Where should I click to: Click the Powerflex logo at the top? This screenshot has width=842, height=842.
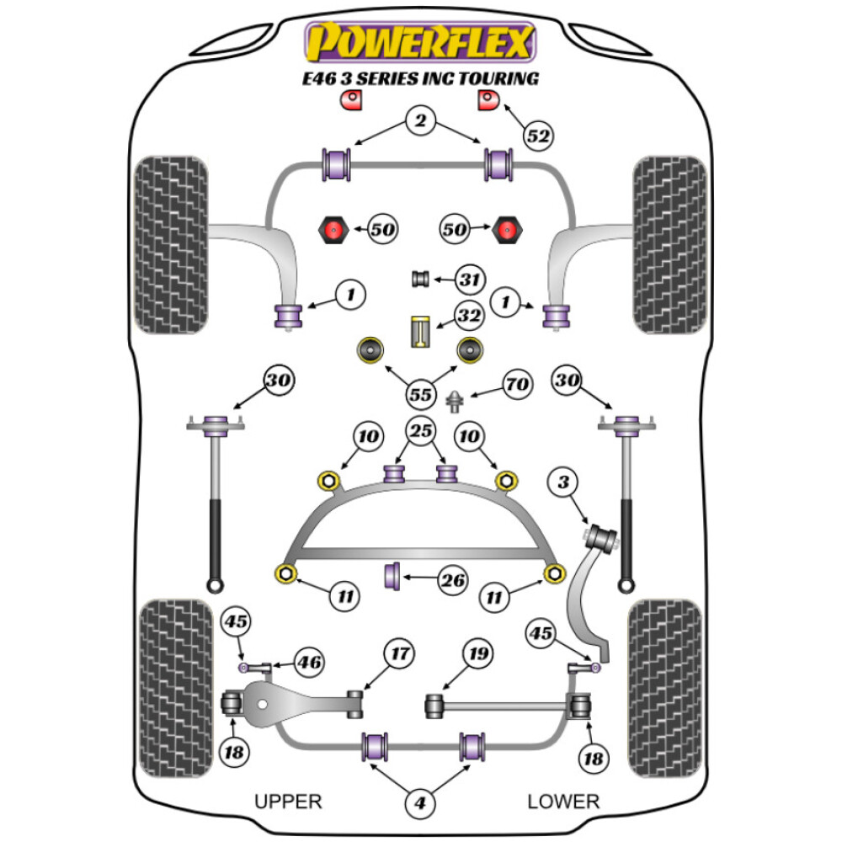click(419, 42)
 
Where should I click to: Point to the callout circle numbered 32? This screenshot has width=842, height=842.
click(469, 317)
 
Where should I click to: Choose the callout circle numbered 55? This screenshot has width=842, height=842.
click(420, 393)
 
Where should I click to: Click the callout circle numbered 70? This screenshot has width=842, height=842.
click(516, 386)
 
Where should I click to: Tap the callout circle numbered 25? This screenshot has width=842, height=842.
click(420, 433)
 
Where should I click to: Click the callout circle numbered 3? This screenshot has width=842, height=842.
click(563, 482)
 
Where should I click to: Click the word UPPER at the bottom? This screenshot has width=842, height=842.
click(289, 801)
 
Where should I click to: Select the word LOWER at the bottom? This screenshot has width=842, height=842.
click(563, 801)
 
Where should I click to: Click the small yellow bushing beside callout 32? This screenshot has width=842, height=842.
click(421, 331)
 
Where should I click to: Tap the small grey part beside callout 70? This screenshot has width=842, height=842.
click(456, 400)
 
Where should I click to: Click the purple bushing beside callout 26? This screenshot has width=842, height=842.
click(392, 577)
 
